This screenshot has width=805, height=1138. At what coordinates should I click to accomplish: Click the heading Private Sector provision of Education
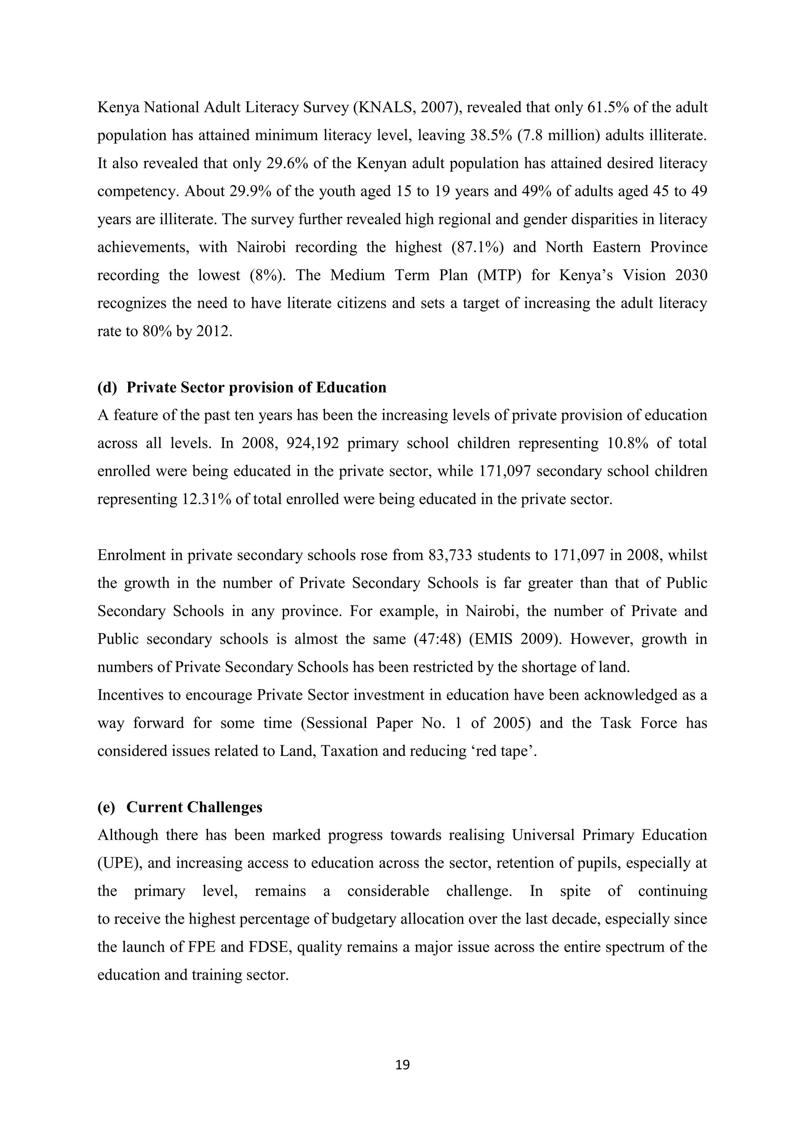tap(256, 387)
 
